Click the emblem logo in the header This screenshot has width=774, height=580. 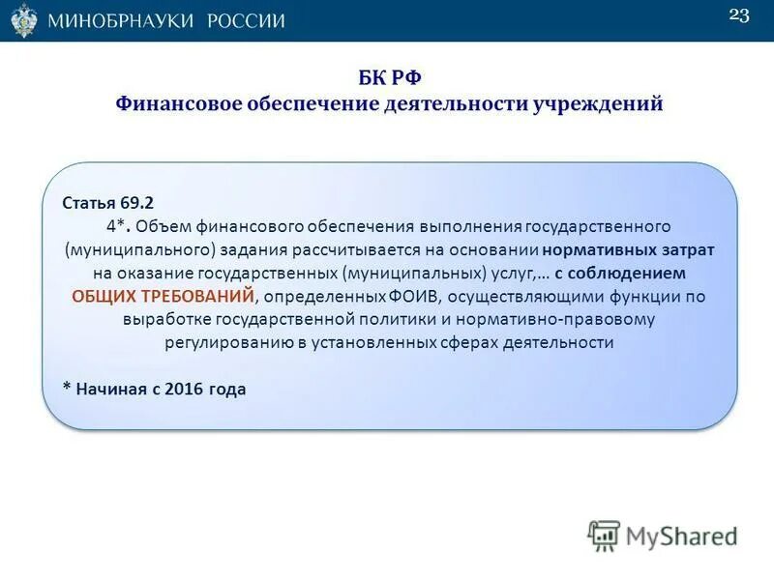(24, 19)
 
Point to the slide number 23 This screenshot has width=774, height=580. (738, 15)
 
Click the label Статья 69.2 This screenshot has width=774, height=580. (107, 203)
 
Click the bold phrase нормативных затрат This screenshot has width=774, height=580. (630, 249)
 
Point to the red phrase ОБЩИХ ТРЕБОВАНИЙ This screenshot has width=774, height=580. (164, 296)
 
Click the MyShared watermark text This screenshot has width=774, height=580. (682, 535)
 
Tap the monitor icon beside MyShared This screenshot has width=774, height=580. (604, 535)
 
